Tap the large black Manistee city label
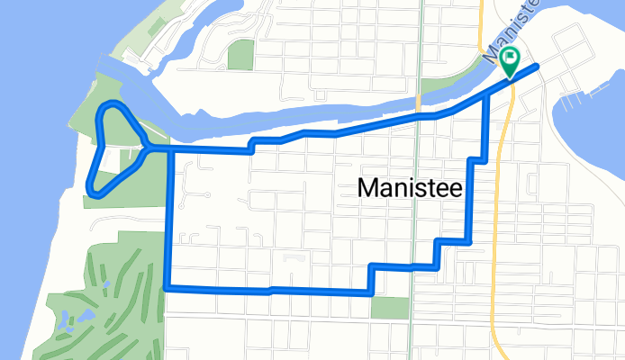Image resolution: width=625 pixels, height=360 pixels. pos(410,188)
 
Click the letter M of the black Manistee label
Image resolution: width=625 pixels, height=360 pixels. pos(367,188)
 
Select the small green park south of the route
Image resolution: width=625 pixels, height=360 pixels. pos(389,308)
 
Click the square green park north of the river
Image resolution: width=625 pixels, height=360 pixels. pos(240,54)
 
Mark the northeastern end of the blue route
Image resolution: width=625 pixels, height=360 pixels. pos(537,66)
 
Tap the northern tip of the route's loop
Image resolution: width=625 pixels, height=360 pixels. pos(113,107)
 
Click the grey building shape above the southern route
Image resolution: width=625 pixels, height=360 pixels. pos(290,259)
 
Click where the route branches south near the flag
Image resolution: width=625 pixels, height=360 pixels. pos(487,93)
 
